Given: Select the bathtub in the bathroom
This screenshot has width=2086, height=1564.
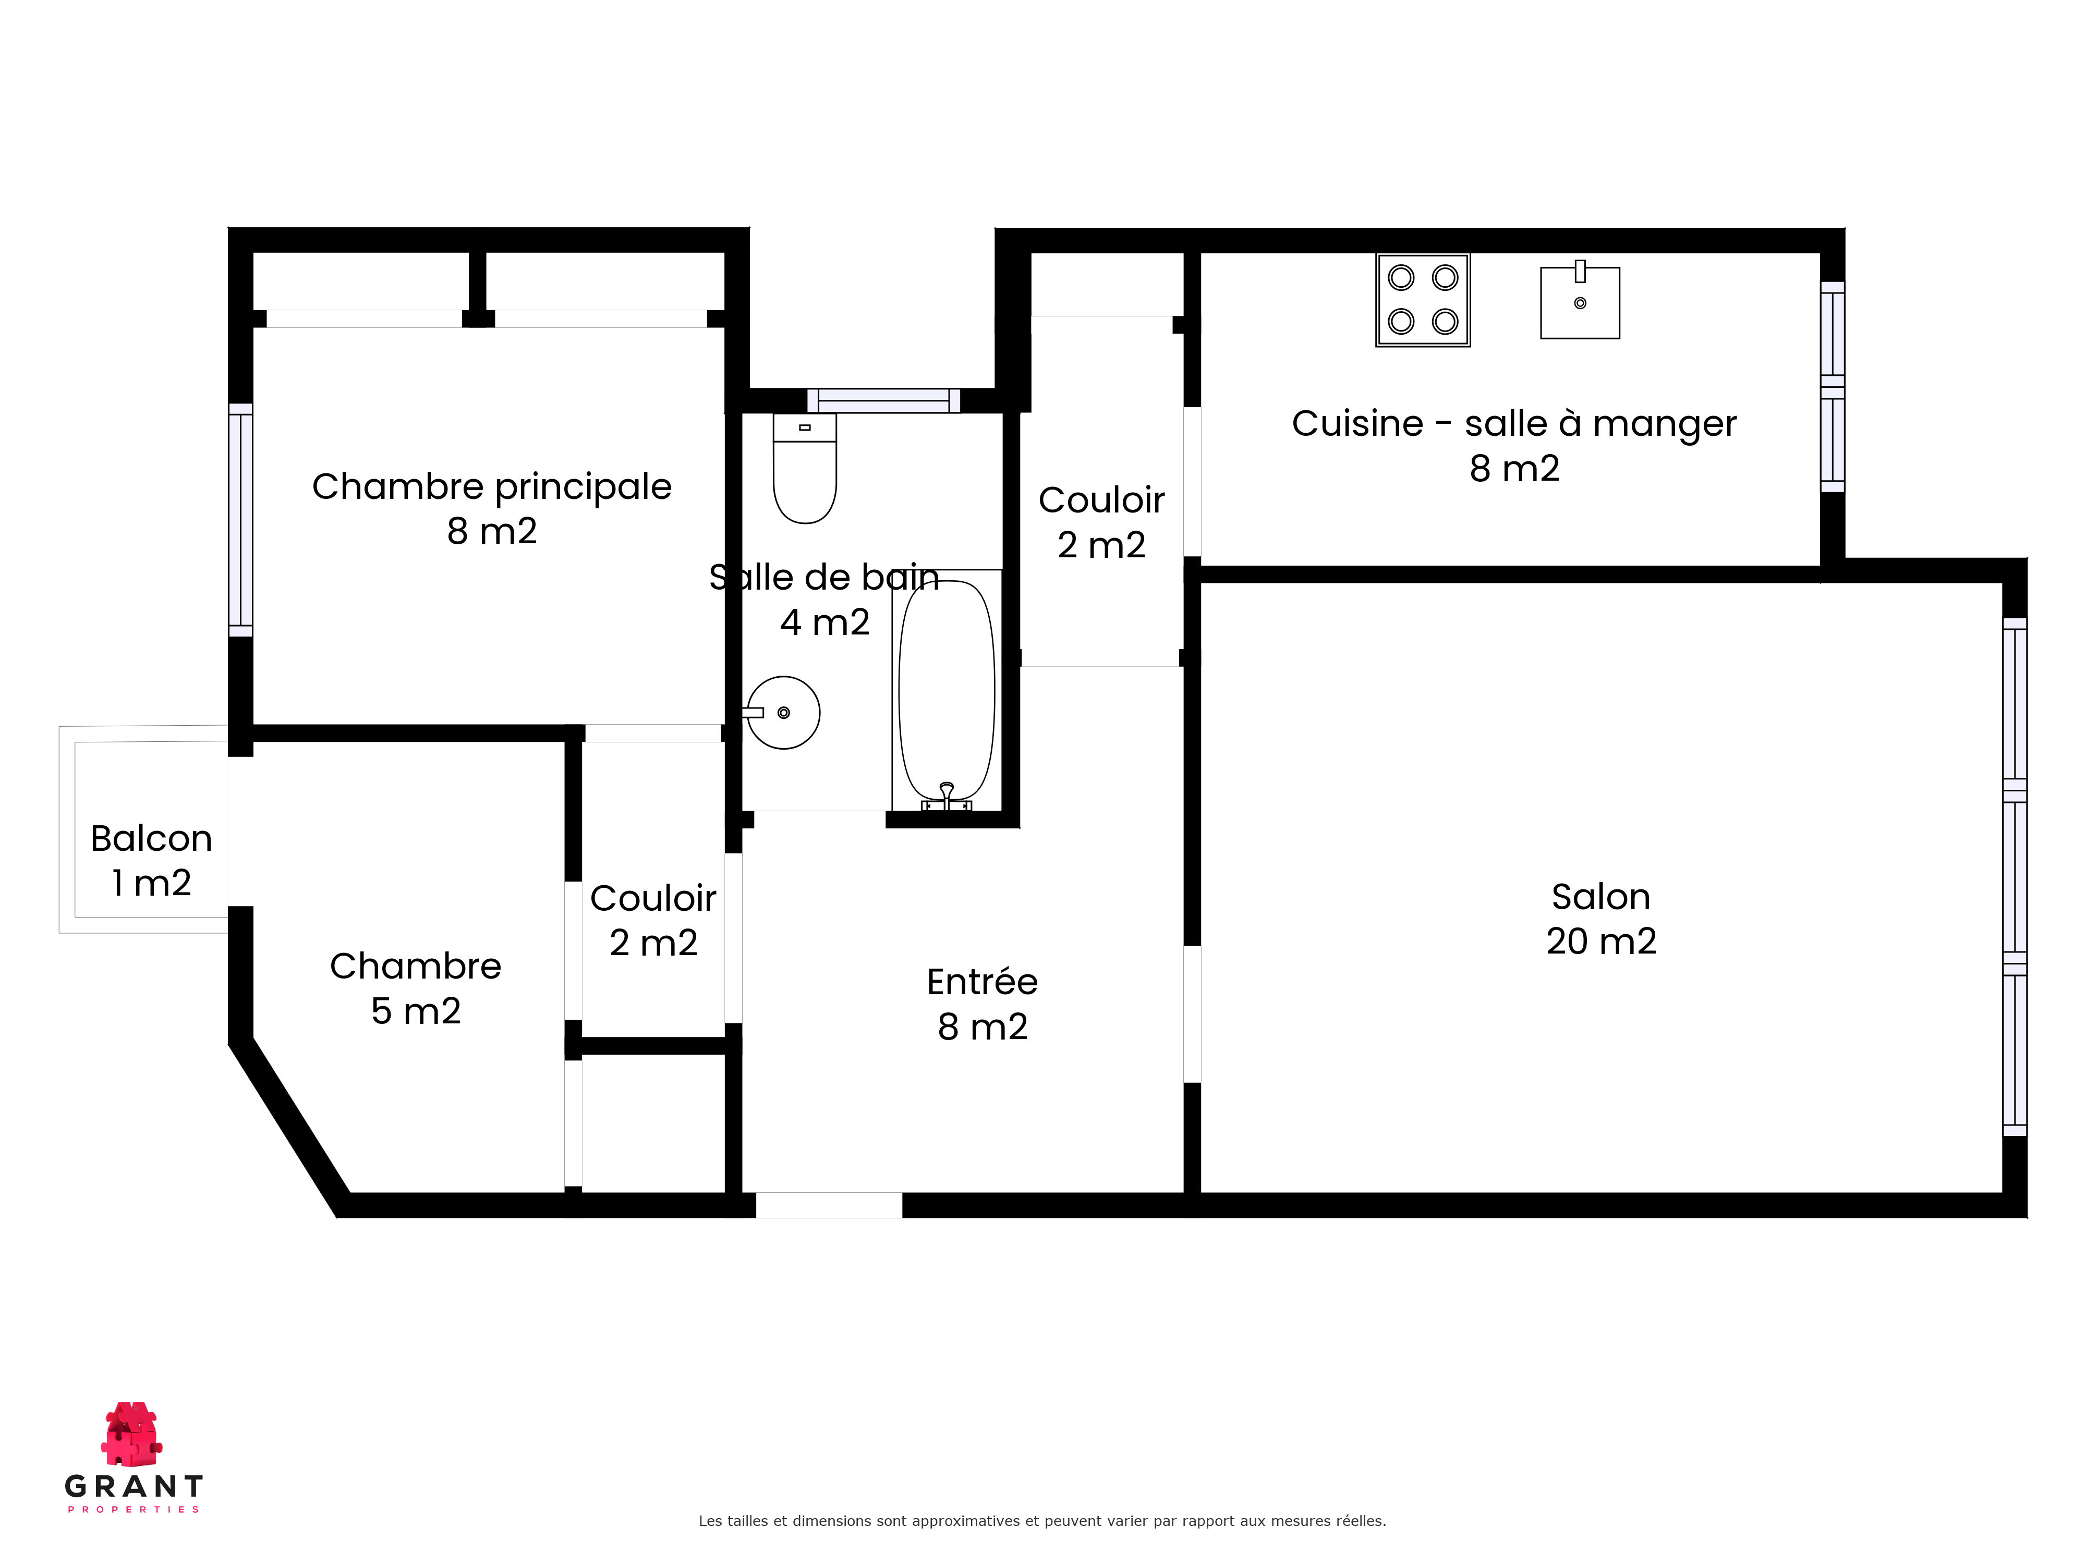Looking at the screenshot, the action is pyautogui.click(x=947, y=690).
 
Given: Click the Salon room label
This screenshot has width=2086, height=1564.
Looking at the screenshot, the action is pyautogui.click(x=1600, y=897).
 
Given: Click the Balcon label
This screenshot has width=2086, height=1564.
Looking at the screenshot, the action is pyautogui.click(x=151, y=838).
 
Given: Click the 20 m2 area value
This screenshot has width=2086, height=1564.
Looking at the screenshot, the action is pyautogui.click(x=1600, y=941).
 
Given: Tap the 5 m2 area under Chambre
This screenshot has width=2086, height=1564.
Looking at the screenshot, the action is pyautogui.click(x=416, y=1011).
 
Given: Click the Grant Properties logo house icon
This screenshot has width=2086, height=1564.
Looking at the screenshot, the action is pyautogui.click(x=132, y=1433).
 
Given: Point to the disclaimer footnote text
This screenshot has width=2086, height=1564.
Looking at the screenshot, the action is pyautogui.click(x=1042, y=1521).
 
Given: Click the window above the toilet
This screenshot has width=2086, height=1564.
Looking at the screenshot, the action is pyautogui.click(x=883, y=401).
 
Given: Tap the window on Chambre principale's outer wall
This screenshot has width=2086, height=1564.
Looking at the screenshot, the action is pyautogui.click(x=240, y=520).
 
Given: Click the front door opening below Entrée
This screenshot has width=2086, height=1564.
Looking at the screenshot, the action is pyautogui.click(x=829, y=1205).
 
